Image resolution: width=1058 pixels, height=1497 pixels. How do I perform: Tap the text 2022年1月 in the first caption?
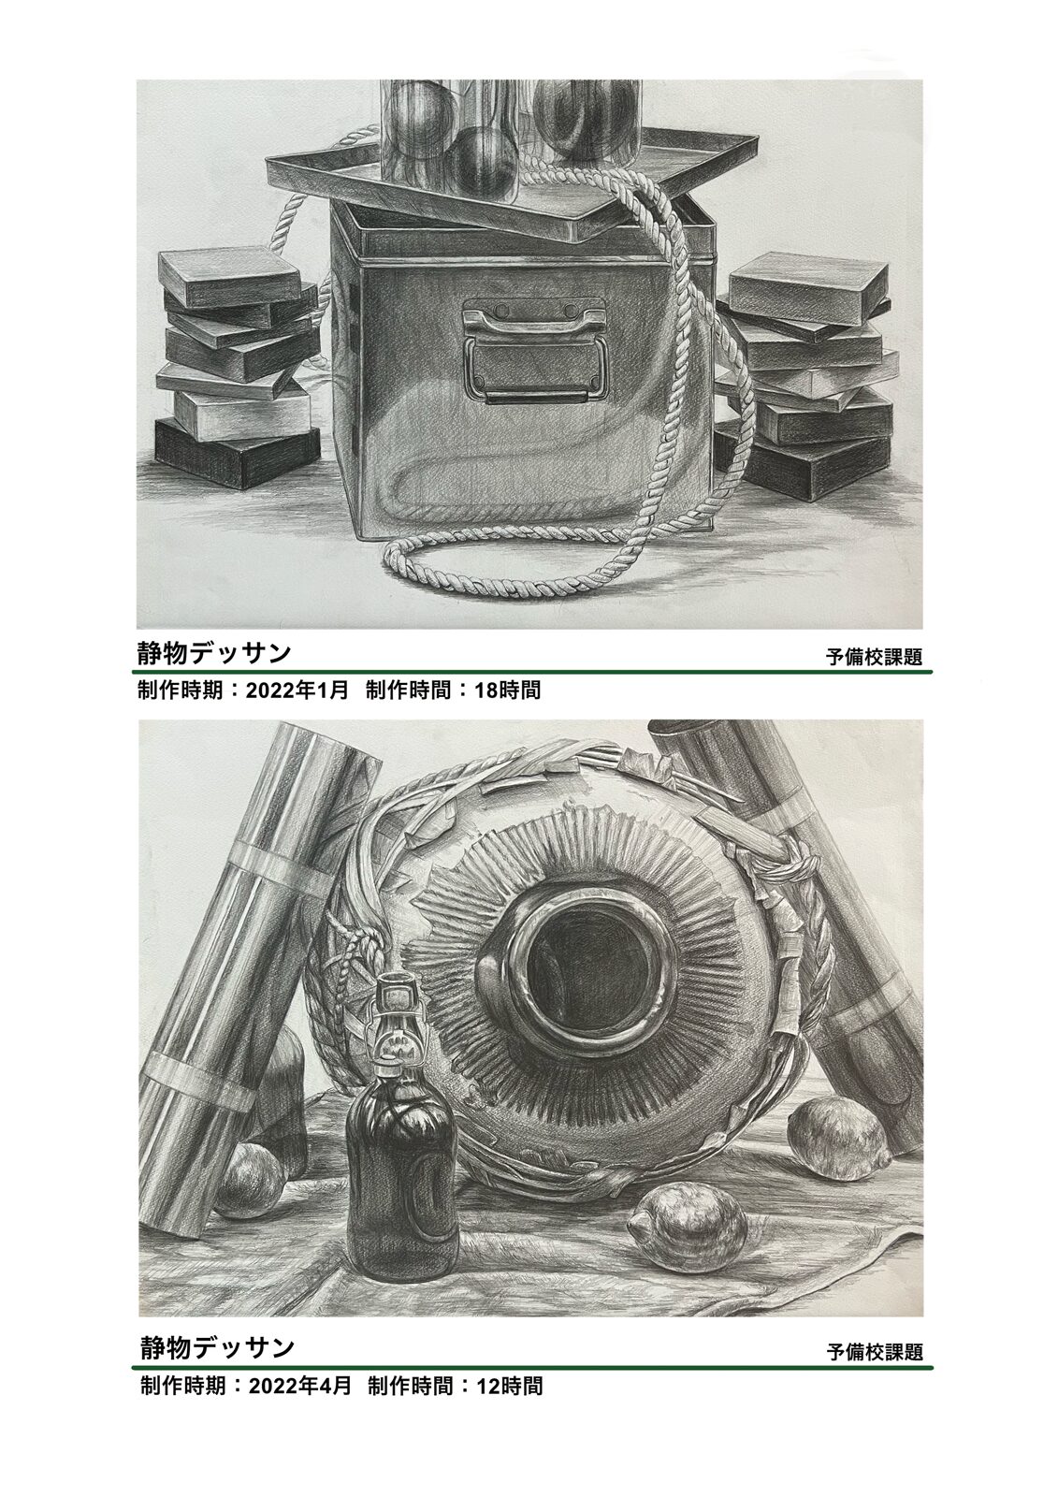click(x=297, y=690)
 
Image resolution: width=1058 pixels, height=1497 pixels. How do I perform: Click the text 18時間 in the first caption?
click(x=507, y=690)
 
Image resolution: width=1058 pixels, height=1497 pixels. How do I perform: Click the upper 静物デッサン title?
click(x=214, y=652)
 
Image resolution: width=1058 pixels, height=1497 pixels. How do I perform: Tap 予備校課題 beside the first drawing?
click(x=874, y=657)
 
